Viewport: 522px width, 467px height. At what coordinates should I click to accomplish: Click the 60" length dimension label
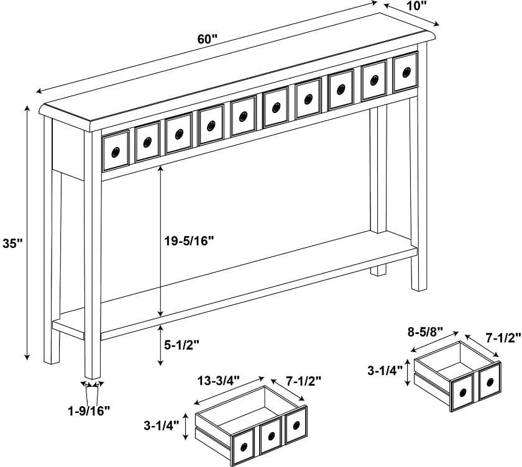point(208,39)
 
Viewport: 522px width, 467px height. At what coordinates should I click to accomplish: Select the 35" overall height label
point(12,243)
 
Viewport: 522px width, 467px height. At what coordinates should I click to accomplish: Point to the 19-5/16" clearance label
point(190,241)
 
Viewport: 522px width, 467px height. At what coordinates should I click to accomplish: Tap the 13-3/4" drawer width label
point(221,379)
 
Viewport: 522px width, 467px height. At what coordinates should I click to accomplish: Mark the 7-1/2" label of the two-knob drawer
point(503,338)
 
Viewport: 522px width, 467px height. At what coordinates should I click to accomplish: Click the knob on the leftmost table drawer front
point(116,151)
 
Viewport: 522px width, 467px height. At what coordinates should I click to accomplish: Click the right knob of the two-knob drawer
point(489,383)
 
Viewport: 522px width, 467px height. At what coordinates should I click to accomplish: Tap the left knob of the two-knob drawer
point(463,391)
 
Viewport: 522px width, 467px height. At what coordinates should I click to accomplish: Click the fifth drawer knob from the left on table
point(243,116)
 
